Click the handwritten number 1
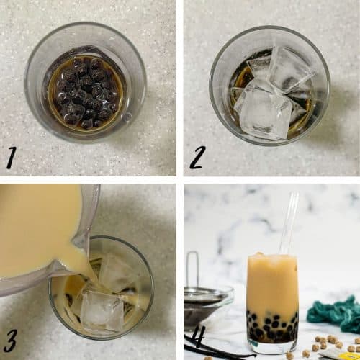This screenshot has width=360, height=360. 12,156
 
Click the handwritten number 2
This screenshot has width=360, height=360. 197,156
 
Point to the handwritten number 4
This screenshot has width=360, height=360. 199,336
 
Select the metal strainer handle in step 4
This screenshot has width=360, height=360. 192,270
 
